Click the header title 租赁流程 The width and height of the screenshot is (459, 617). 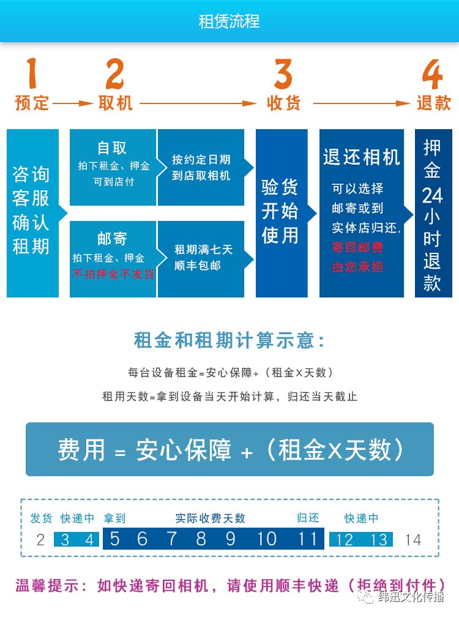click(229, 21)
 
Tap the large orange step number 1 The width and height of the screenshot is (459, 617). click(31, 73)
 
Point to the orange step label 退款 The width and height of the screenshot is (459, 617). click(433, 103)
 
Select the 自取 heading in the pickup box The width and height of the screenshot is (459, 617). click(113, 148)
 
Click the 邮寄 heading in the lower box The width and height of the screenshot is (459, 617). click(113, 239)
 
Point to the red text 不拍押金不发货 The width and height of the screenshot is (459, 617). click(113, 274)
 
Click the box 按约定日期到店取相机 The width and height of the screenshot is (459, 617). click(201, 167)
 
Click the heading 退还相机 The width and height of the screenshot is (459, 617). click(361, 157)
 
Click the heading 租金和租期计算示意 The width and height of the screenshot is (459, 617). click(229, 340)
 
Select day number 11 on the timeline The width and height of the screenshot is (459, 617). click(307, 539)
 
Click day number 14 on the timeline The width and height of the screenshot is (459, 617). click(413, 539)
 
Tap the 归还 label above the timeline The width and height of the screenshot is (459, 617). click(308, 518)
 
